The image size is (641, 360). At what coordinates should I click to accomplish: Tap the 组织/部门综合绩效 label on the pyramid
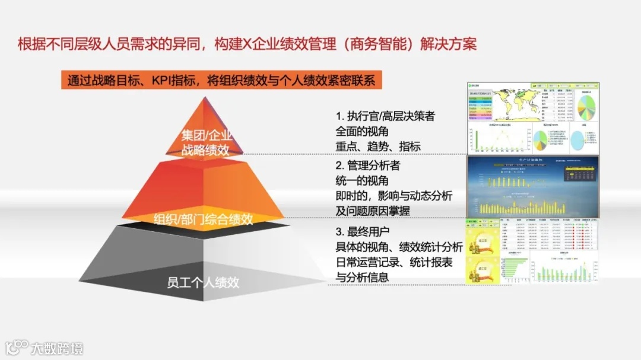[x=204, y=219]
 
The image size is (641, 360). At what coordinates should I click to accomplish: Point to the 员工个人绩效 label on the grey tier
[x=204, y=282]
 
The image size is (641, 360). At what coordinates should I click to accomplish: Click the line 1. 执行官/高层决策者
[x=385, y=116]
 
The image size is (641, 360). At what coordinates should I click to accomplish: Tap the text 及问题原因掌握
[x=373, y=211]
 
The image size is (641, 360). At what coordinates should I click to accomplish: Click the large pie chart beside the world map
[x=587, y=106]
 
